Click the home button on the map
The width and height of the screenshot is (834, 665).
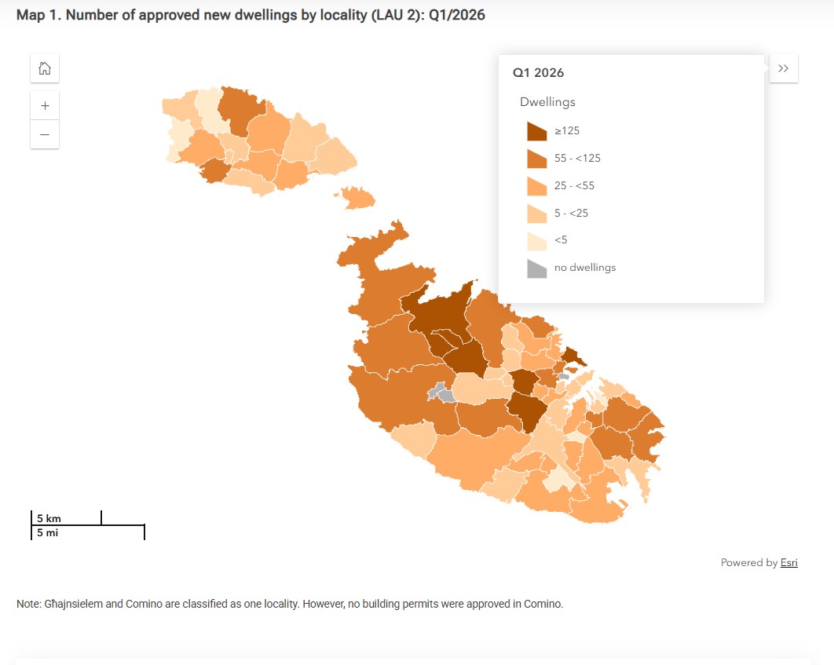45,68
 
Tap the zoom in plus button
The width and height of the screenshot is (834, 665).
45,106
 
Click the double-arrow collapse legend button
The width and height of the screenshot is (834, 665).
783,68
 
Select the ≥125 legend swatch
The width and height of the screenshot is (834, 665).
536,131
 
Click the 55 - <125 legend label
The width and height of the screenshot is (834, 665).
577,158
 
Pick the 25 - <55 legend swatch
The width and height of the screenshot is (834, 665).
536,186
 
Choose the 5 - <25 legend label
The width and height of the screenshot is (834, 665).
571,214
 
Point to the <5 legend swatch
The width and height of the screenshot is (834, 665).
536,241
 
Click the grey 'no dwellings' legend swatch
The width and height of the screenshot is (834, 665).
536,269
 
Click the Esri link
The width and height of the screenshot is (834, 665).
788,562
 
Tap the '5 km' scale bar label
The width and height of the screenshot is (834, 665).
49,518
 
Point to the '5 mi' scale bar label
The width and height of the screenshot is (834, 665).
47,532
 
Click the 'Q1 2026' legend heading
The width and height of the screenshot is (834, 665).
538,73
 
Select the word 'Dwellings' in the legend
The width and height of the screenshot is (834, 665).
547,102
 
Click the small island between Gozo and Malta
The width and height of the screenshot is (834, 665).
357,198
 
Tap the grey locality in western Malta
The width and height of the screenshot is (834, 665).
441,393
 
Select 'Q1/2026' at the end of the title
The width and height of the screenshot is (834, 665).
457,15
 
